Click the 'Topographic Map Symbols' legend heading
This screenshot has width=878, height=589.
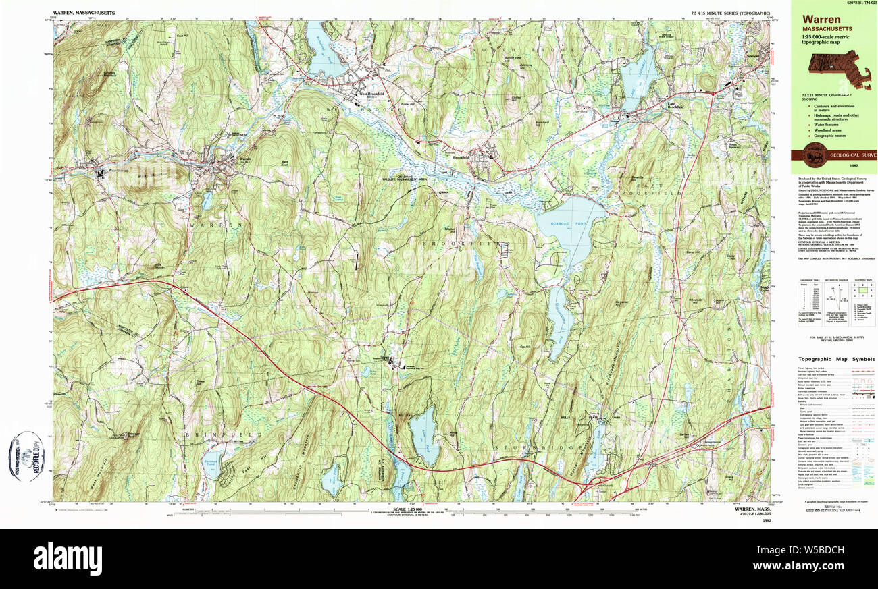[x=835, y=360]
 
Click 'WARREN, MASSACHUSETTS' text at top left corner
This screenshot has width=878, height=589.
[x=84, y=13]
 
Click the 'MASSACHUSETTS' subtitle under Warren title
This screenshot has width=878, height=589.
[x=827, y=30]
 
